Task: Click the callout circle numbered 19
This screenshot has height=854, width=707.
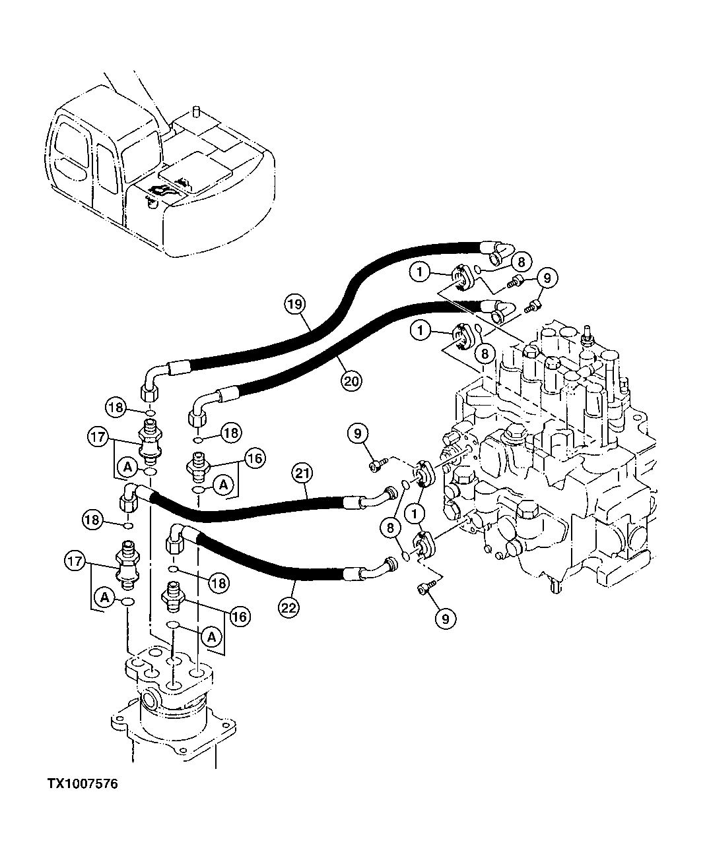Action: [294, 305]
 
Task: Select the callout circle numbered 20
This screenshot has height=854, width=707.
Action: [351, 379]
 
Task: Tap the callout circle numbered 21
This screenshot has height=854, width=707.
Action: [303, 473]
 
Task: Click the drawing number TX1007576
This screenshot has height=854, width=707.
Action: [83, 784]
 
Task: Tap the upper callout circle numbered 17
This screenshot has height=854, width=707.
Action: [96, 436]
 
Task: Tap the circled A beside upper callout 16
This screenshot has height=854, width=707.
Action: [224, 485]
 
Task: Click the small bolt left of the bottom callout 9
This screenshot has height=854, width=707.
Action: [423, 589]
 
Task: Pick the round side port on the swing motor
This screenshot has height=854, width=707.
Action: [150, 699]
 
